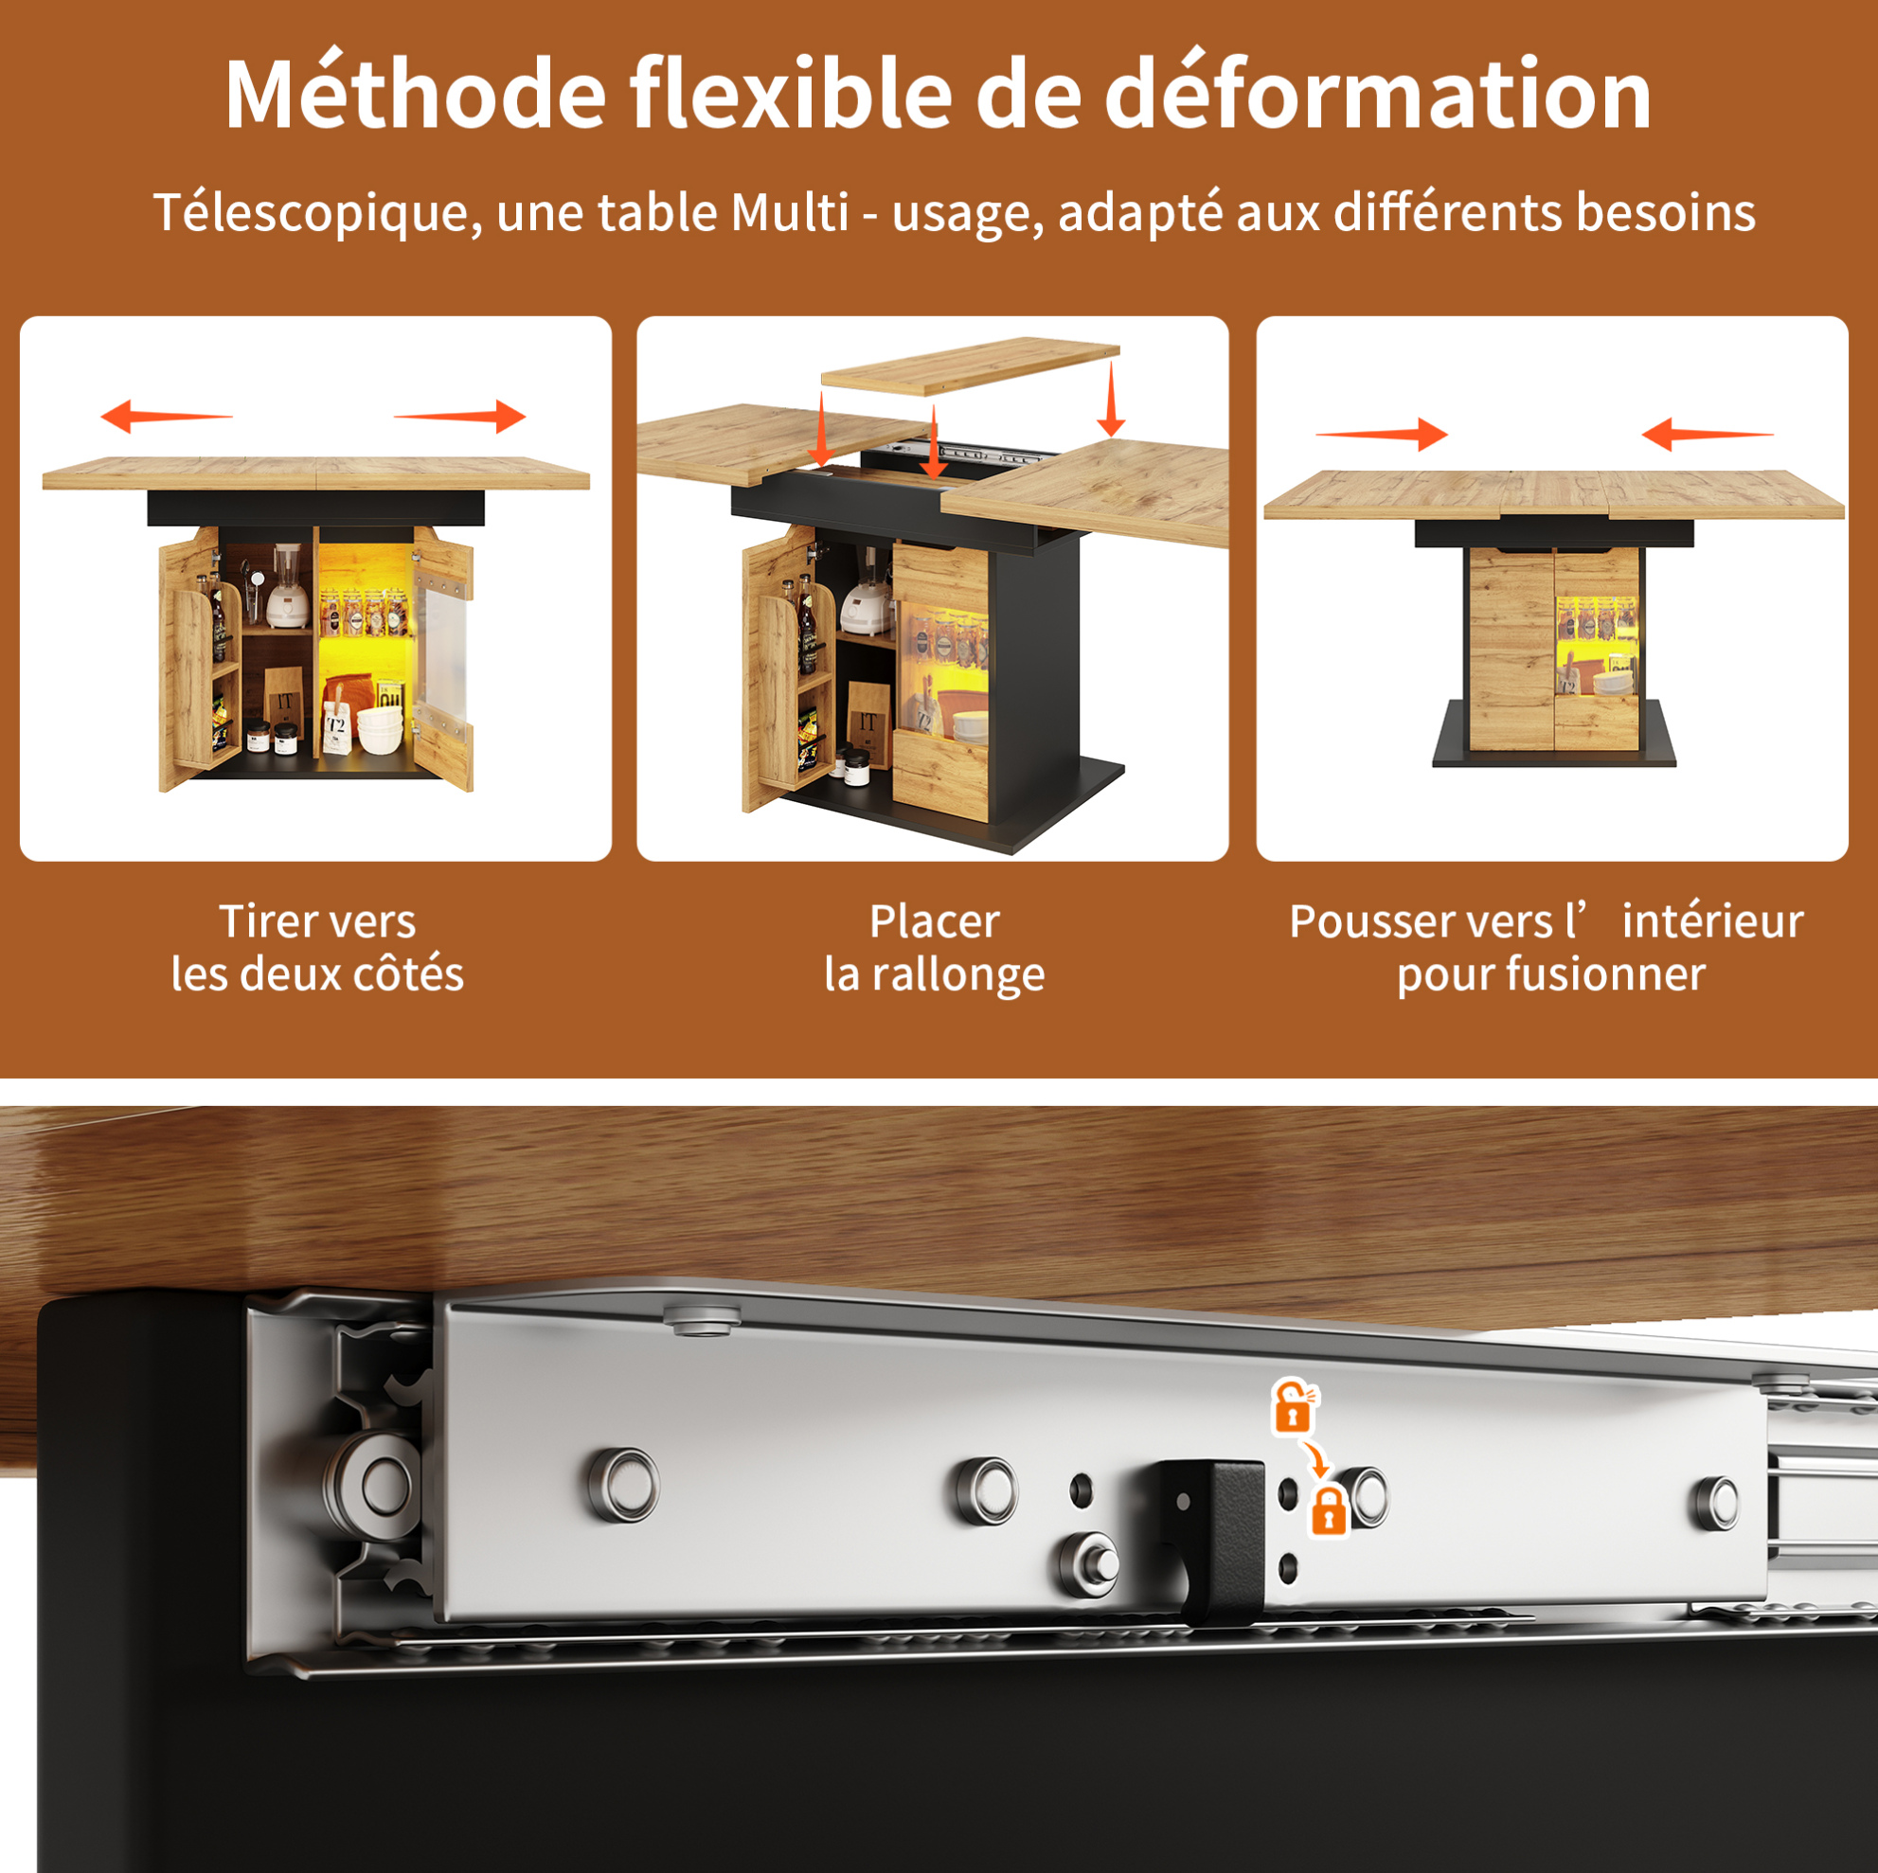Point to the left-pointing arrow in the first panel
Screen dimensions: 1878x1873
pos(167,416)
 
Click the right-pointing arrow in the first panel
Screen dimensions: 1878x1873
pos(459,416)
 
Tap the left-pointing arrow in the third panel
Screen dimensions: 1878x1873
pos(1707,434)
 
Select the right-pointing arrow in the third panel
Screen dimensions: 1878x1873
pos(1382,434)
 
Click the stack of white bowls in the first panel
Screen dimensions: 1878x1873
pos(380,730)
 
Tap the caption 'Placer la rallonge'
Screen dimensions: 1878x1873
pos(934,948)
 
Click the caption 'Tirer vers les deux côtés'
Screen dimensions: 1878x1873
pos(318,948)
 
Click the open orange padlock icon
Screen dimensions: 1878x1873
pos(1294,1405)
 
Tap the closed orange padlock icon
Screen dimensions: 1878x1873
pos(1329,1510)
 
